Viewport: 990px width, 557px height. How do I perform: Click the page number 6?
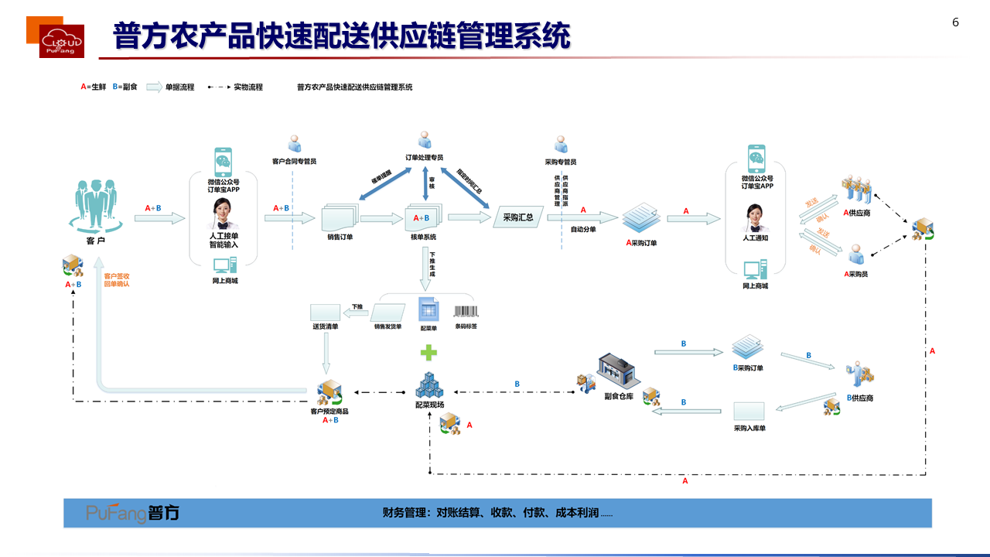[955, 22]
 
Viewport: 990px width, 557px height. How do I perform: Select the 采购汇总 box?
[517, 217]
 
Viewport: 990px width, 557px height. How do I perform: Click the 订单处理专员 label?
[425, 158]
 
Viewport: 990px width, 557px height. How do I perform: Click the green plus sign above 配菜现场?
[428, 353]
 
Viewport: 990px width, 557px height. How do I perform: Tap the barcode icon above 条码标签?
[466, 312]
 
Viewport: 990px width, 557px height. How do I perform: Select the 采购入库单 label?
[749, 428]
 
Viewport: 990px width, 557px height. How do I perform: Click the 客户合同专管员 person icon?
[294, 145]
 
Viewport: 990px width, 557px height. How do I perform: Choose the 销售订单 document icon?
[340, 217]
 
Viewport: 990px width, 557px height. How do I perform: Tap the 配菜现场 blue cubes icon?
[428, 385]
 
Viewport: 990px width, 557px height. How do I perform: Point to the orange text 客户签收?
[117, 275]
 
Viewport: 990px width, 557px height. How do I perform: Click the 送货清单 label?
[326, 326]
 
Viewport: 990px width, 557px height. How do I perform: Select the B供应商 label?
[860, 398]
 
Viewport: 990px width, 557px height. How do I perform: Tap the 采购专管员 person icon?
[561, 145]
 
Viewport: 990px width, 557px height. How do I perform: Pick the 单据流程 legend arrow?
[154, 87]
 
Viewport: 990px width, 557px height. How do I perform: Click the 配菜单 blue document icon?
[428, 309]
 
